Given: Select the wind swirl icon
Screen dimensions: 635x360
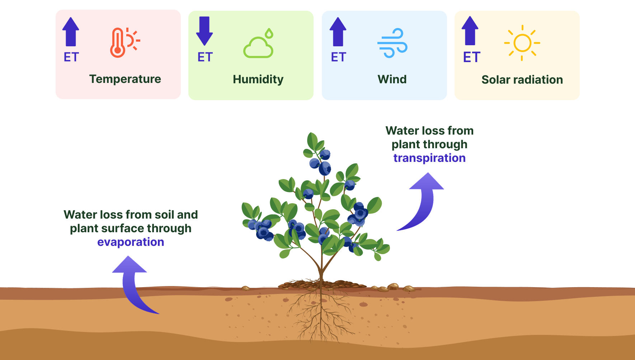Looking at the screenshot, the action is click(x=392, y=43).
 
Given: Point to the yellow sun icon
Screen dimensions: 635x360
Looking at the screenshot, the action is click(x=522, y=43).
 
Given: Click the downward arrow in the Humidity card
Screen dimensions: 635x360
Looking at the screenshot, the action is click(x=204, y=31).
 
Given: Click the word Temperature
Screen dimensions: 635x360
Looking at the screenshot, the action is click(x=125, y=79).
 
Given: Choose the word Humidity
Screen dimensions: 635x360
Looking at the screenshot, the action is click(x=258, y=79).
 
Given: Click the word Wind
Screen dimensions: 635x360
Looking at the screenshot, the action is click(x=392, y=79).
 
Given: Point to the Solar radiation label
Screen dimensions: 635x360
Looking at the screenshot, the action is click(x=522, y=80).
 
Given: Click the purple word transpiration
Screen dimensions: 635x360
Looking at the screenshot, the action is click(x=429, y=158).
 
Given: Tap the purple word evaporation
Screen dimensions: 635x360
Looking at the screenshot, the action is click(x=131, y=242).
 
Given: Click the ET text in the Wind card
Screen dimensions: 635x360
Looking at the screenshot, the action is click(x=338, y=57).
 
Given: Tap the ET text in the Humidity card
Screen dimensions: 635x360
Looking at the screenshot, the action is click(x=205, y=57).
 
